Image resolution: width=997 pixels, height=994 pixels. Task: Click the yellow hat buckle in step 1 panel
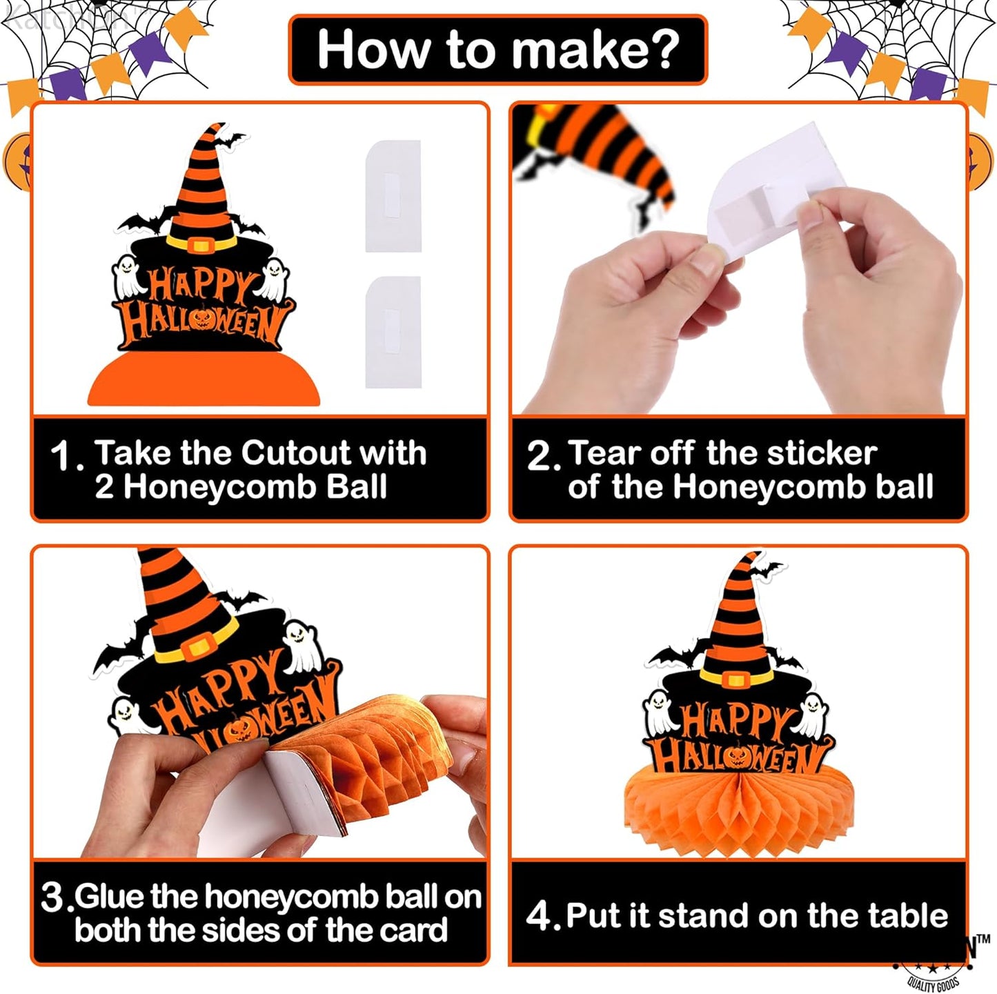pyautogui.click(x=201, y=245)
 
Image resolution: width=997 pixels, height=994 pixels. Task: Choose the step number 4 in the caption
pyautogui.click(x=538, y=916)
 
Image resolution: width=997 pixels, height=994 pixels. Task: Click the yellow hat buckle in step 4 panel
pyautogui.click(x=736, y=679)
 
